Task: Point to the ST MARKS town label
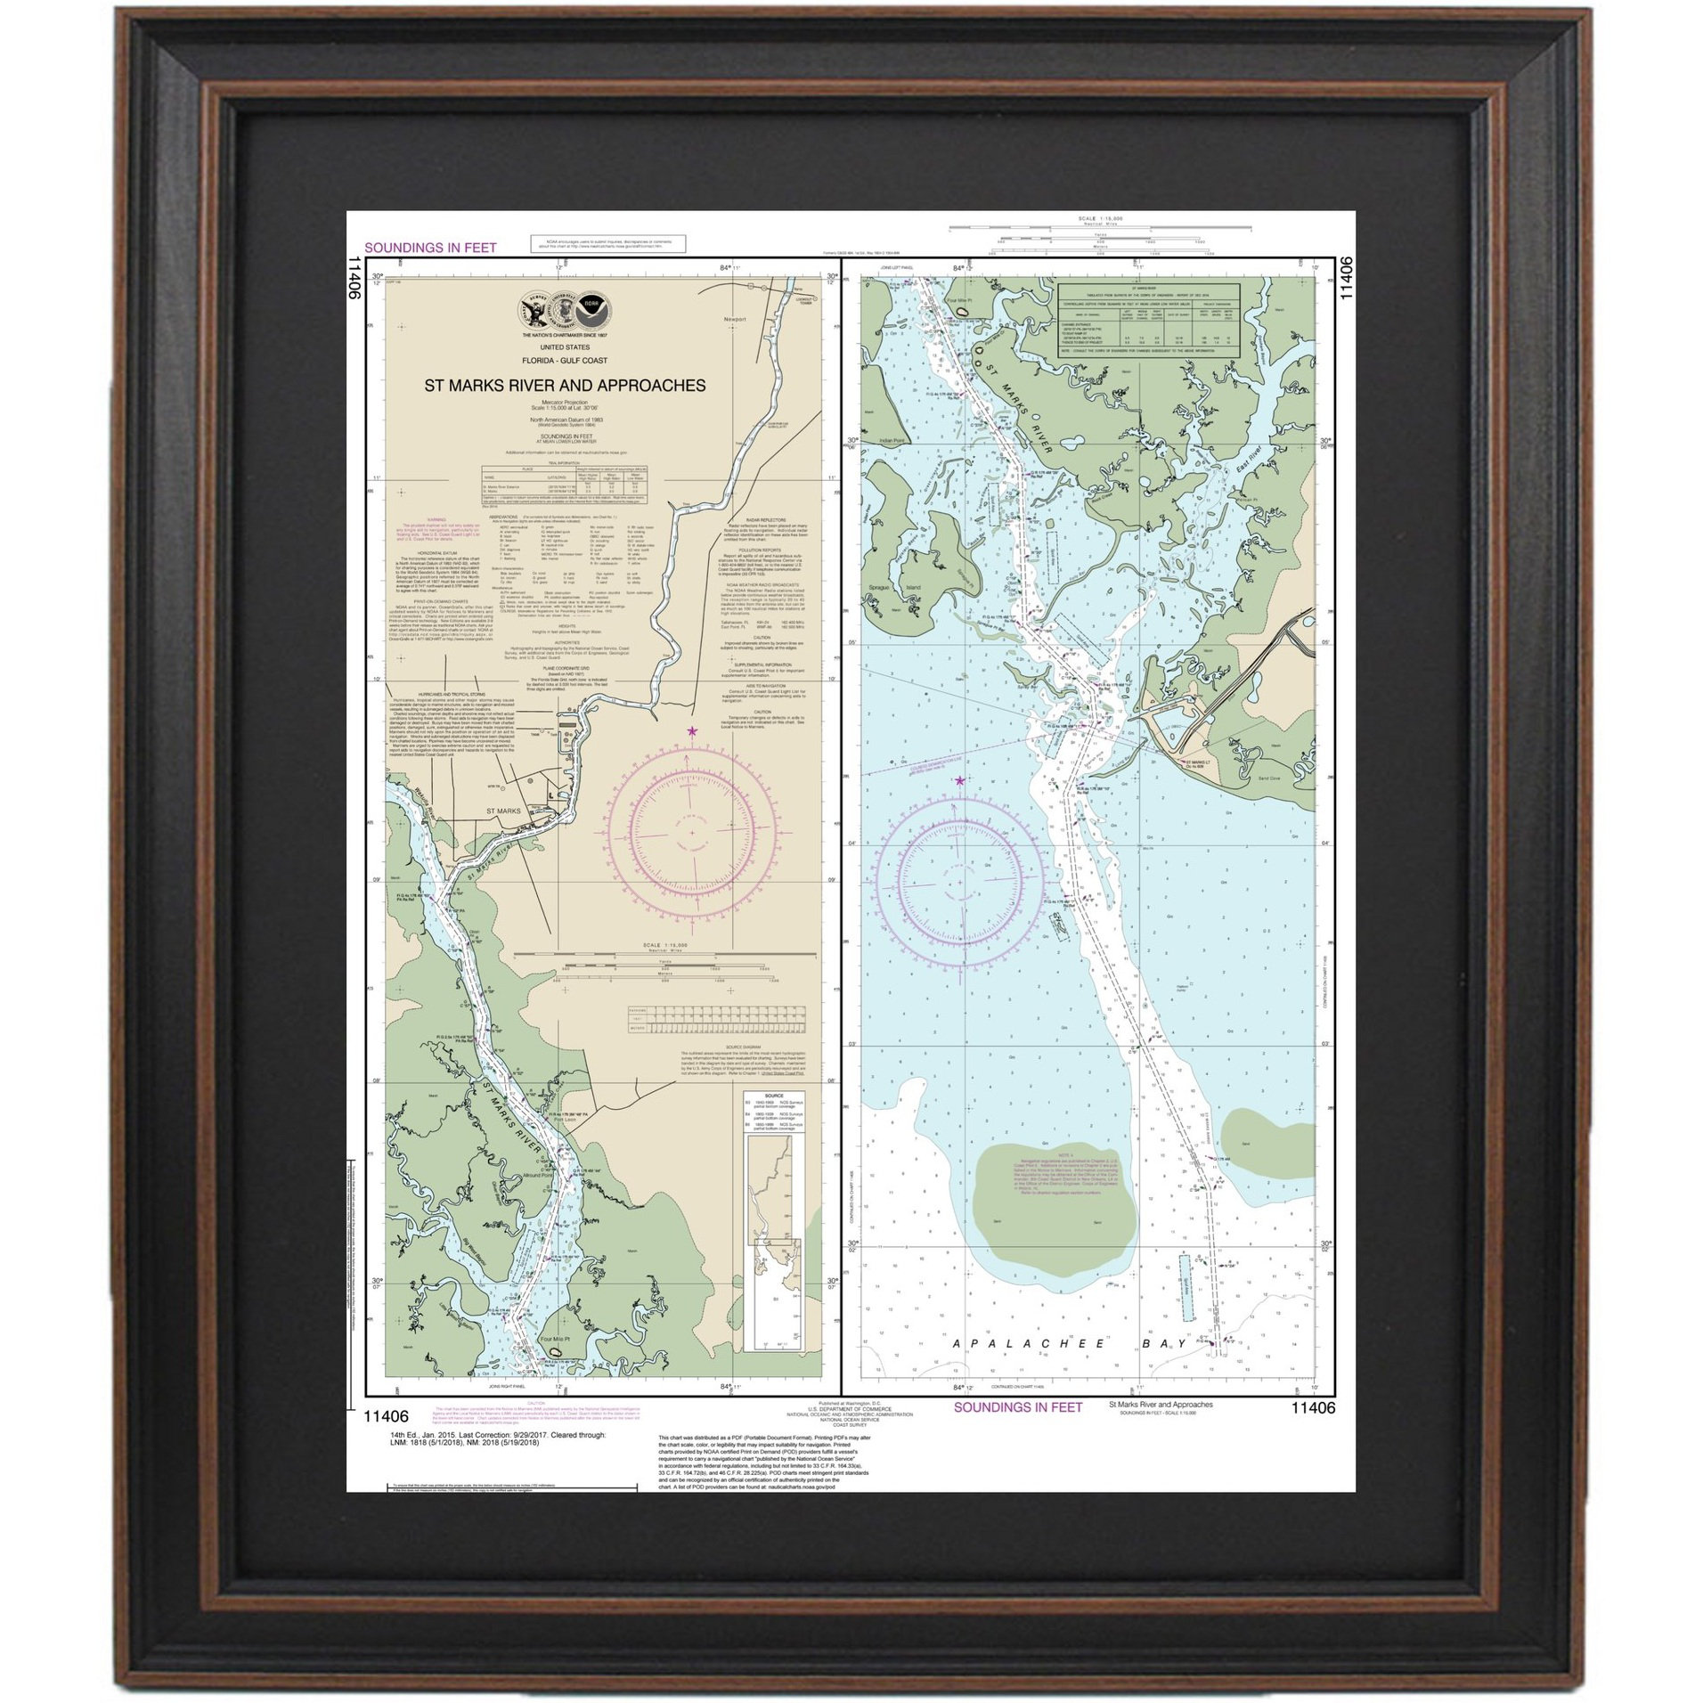pyautogui.click(x=502, y=811)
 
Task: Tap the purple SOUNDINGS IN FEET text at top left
pyautogui.click(x=430, y=248)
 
